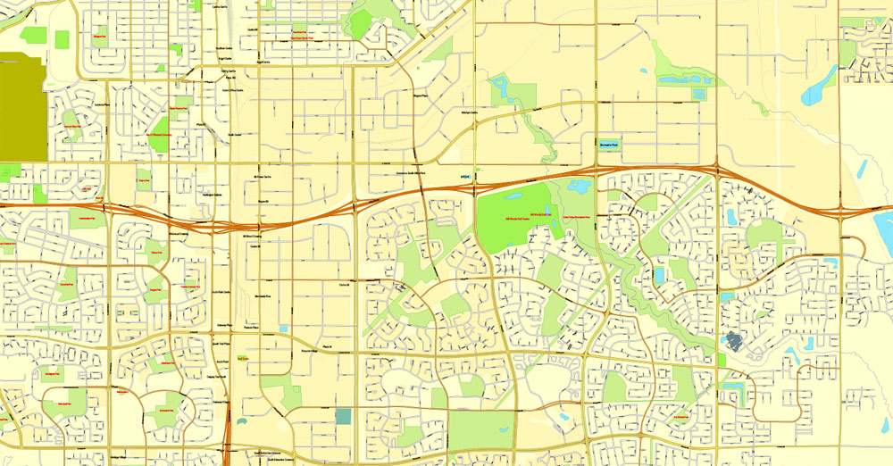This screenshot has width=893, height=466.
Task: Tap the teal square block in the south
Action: [x=344, y=416]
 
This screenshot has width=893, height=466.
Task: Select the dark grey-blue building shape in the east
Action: [x=735, y=340]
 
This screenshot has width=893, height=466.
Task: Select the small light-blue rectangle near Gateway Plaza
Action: [x=283, y=329]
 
